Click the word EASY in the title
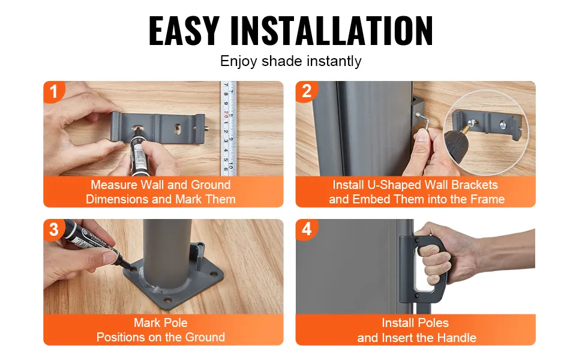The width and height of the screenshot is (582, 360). click(x=184, y=31)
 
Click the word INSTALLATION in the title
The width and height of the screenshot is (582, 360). click(x=331, y=31)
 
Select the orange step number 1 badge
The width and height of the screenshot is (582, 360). click(x=54, y=91)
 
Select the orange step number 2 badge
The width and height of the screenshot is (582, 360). click(x=306, y=91)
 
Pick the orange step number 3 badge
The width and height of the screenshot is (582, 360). click(x=54, y=229)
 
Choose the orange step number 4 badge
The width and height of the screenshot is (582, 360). click(x=306, y=229)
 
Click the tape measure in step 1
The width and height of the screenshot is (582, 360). click(x=229, y=128)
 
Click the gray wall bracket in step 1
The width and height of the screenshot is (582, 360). click(x=158, y=127)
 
